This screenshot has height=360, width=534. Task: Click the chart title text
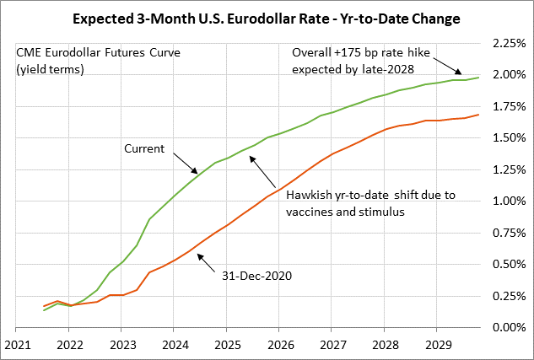pyautogui.click(x=267, y=17)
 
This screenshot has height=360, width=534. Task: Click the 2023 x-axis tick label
pyautogui.click(x=122, y=344)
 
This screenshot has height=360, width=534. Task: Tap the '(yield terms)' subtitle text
pyautogui.click(x=49, y=69)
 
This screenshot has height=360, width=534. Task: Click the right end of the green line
pyautogui.click(x=479, y=78)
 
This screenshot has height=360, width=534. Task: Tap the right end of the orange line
pyautogui.click(x=479, y=115)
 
